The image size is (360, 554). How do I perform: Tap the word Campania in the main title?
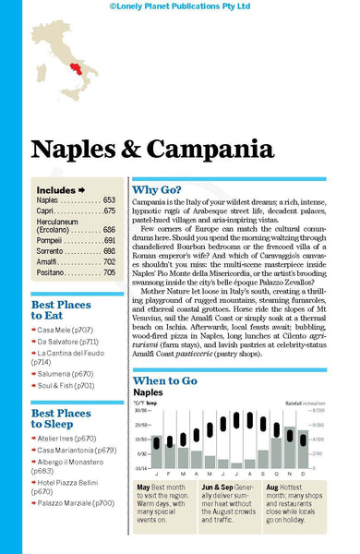coord(193,149)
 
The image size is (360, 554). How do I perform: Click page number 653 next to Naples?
coord(109,199)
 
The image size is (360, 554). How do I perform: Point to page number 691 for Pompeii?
coord(109,239)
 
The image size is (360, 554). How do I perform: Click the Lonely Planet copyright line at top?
coord(179,6)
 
